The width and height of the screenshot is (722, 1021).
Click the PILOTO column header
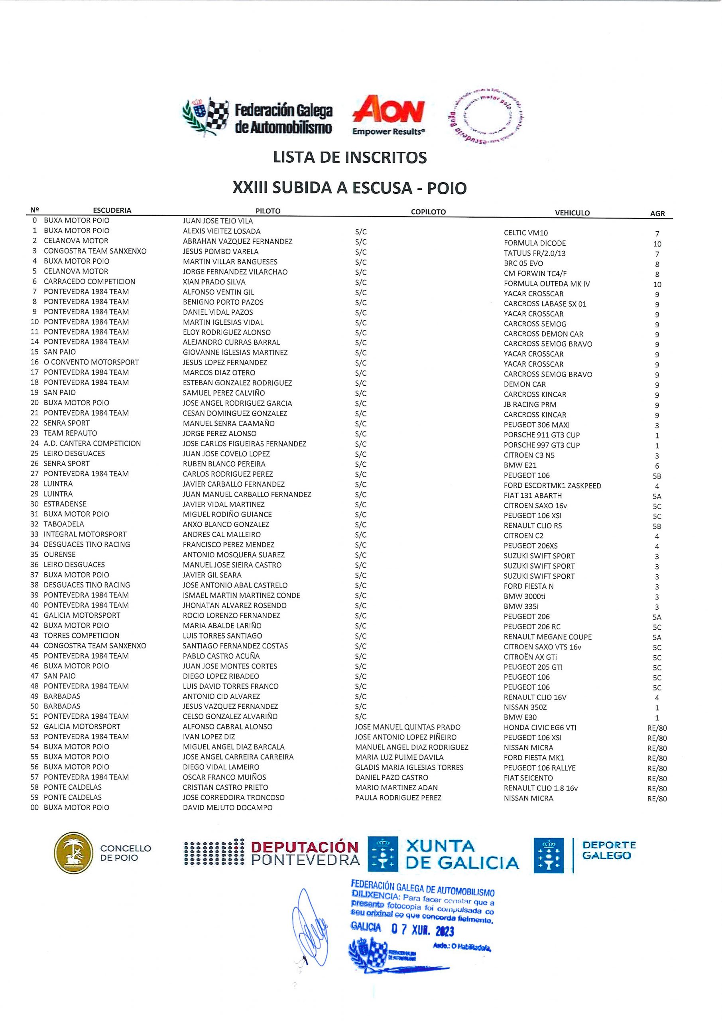(x=268, y=211)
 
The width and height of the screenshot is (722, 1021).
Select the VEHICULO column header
(x=572, y=213)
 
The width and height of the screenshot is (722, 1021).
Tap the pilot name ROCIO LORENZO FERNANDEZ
(x=231, y=615)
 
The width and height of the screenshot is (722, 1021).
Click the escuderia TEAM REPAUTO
(x=70, y=433)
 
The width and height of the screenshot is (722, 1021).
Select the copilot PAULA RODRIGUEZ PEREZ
(x=398, y=798)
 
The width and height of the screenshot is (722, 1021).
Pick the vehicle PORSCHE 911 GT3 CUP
(x=541, y=435)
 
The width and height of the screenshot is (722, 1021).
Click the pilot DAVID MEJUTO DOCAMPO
(x=228, y=808)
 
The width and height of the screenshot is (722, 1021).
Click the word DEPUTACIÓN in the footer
(x=305, y=847)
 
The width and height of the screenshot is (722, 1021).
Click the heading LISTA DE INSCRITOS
(x=350, y=158)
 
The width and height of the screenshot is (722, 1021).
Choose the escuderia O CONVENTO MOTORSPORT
(x=91, y=363)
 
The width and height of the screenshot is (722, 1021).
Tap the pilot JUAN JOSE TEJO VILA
(x=218, y=221)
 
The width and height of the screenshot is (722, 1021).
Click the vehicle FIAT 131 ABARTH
(x=533, y=496)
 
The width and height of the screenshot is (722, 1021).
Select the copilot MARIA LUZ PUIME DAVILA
(x=399, y=757)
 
